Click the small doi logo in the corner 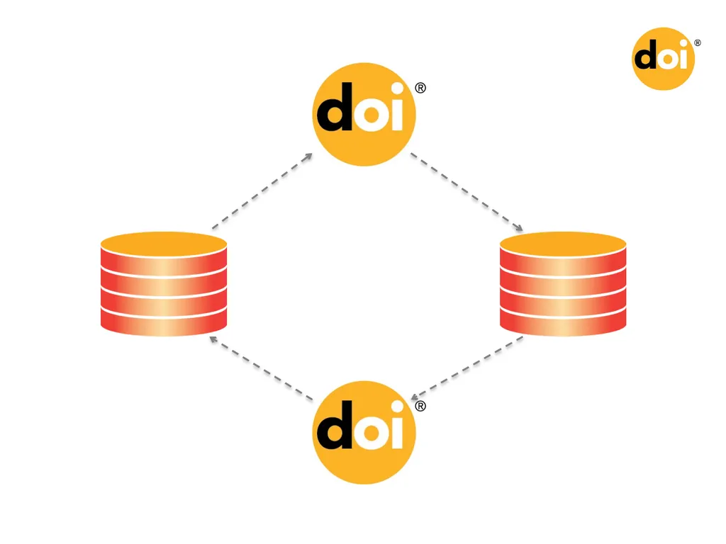[663, 59]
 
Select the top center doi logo [364, 114]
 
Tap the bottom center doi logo [364, 433]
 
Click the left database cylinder [164, 283]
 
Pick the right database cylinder [563, 283]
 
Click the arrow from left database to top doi [262, 191]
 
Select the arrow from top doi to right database [467, 191]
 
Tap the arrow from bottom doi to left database [261, 368]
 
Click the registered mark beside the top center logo [420, 88]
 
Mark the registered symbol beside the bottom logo [420, 406]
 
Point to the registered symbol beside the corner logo [698, 43]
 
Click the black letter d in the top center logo [335, 107]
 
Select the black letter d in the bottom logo [335, 425]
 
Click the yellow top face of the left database [164, 244]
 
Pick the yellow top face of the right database [563, 244]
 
